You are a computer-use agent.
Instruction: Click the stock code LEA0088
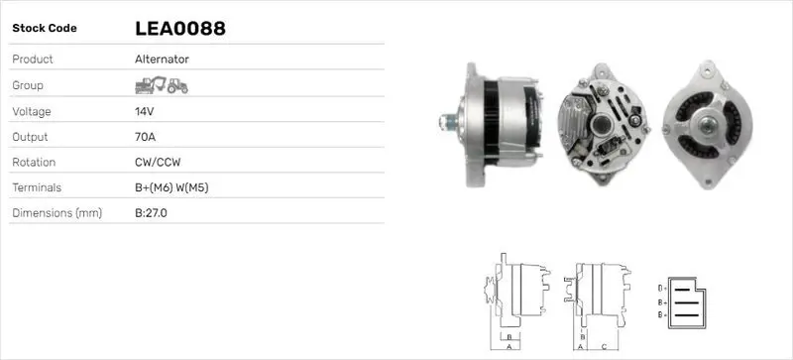(x=180, y=29)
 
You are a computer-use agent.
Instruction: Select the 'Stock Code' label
(x=45, y=29)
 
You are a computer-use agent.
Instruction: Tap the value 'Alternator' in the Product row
(x=162, y=60)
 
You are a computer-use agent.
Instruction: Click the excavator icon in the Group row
(x=151, y=85)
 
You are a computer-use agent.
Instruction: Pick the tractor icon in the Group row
(x=177, y=86)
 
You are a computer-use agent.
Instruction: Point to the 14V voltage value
(x=144, y=111)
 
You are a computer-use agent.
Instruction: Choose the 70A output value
(x=145, y=137)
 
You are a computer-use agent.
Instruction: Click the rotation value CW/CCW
(x=158, y=163)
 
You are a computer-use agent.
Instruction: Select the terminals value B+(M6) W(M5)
(x=171, y=187)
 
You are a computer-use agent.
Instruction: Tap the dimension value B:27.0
(x=151, y=213)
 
